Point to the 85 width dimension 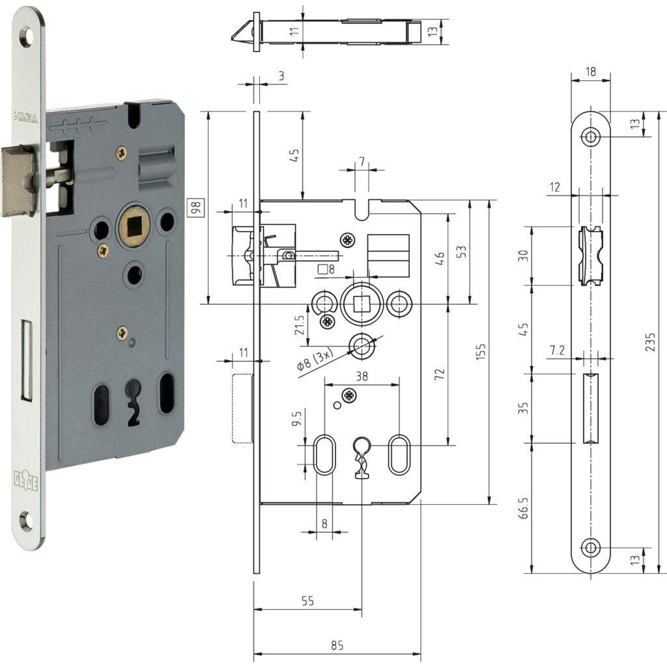pos(336,646)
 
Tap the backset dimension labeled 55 pos(307,601)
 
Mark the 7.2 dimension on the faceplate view pos(557,350)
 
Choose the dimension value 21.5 pos(300,325)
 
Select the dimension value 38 pos(362,375)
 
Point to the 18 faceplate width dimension pos(590,72)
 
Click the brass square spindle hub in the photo pos(134,226)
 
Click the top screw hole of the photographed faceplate pos(26,37)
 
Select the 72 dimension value pos(439,374)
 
